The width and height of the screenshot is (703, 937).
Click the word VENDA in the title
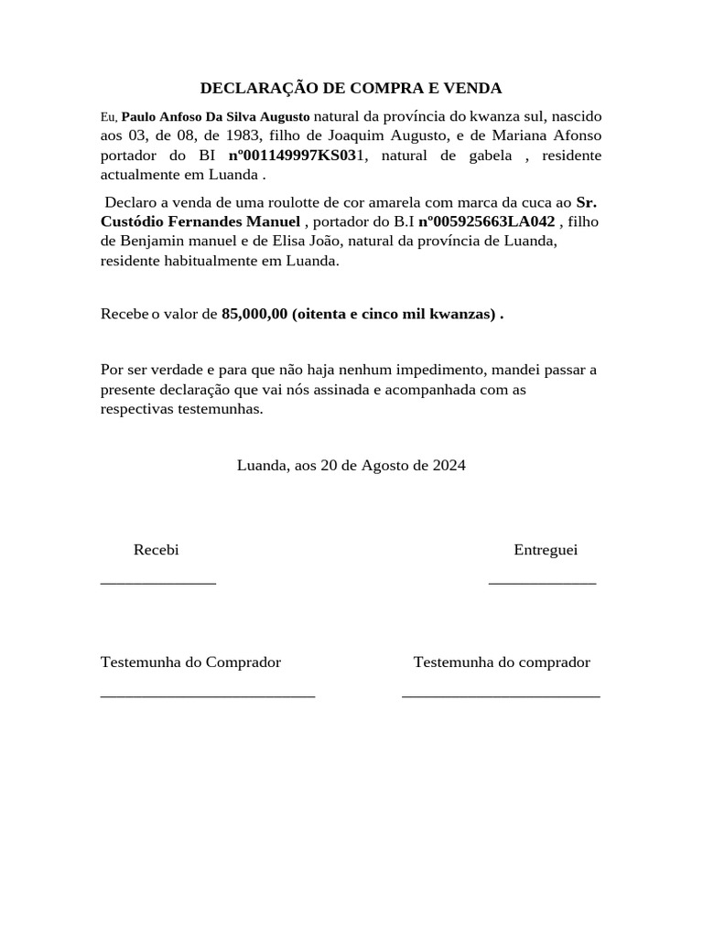(x=471, y=89)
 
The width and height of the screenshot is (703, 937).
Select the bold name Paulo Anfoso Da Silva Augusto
(x=216, y=117)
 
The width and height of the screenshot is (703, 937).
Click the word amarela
(x=373, y=202)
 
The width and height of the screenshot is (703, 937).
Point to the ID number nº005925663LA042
(x=486, y=221)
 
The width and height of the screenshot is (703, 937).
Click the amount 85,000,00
(x=254, y=315)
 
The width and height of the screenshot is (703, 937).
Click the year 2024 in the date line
(x=449, y=465)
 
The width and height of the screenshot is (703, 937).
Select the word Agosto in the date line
(x=384, y=465)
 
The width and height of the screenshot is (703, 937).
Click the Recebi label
(x=157, y=550)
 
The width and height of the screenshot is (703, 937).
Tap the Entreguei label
(x=546, y=550)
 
